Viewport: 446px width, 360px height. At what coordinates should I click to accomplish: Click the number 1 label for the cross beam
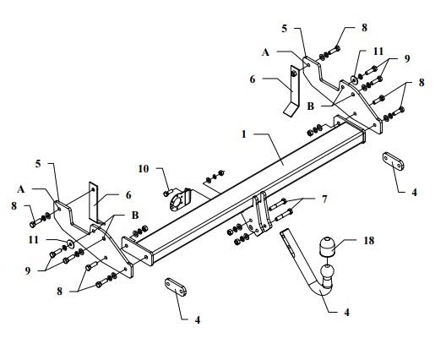click(243, 134)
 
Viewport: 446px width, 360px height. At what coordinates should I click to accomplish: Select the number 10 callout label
click(144, 169)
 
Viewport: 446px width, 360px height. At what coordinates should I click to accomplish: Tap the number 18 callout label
click(369, 241)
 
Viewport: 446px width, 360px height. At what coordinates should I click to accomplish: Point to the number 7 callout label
click(324, 199)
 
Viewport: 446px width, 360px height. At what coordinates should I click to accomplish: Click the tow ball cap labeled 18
click(326, 246)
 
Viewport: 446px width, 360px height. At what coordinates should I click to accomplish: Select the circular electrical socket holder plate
click(178, 200)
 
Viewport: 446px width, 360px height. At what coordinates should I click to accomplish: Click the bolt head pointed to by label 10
click(166, 194)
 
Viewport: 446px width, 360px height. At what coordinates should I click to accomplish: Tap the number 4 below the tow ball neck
click(346, 312)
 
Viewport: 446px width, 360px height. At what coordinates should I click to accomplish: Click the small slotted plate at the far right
click(394, 161)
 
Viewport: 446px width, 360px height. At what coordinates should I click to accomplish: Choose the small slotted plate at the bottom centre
click(176, 286)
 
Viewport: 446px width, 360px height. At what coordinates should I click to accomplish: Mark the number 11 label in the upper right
click(378, 52)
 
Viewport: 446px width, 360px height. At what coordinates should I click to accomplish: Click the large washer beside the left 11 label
click(69, 243)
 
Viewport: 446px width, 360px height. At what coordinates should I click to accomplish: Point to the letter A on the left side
click(21, 189)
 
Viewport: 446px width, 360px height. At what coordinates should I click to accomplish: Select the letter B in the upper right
click(310, 106)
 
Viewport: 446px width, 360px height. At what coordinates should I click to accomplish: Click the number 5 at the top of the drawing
click(285, 29)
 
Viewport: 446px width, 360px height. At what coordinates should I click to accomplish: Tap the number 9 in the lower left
click(28, 270)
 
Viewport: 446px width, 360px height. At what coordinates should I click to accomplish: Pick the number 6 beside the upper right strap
click(253, 79)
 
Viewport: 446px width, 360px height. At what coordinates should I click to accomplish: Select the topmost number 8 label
click(364, 28)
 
